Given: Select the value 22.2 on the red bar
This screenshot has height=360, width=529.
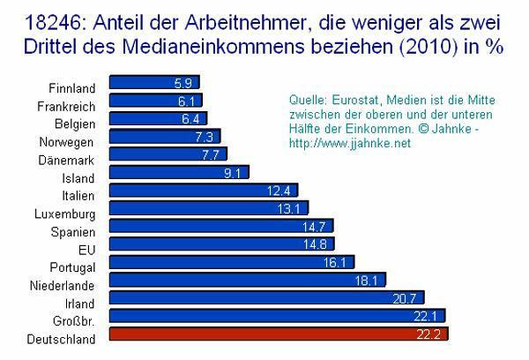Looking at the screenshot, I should [429, 334].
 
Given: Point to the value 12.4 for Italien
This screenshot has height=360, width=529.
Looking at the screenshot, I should [282, 191].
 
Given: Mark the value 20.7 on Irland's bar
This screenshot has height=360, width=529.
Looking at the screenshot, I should [407, 298].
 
